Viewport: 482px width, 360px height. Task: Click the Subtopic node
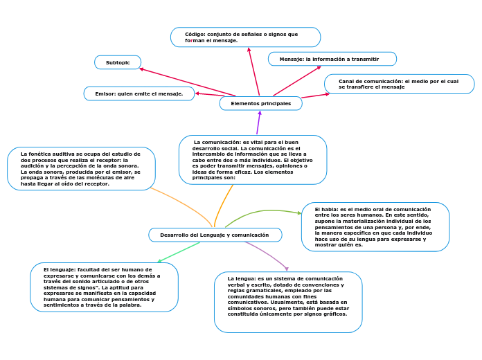(118, 62)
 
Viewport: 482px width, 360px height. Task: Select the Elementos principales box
(261, 103)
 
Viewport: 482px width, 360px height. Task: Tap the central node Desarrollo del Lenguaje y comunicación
(215, 235)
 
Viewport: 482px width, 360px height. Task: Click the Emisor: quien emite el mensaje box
(139, 93)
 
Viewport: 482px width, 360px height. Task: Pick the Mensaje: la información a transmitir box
(332, 59)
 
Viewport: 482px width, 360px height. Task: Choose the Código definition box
(245, 37)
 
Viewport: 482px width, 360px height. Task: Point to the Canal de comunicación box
(399, 84)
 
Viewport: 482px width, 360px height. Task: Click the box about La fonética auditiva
(81, 169)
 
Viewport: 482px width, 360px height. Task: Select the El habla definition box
(375, 226)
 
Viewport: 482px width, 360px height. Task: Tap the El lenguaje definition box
(105, 287)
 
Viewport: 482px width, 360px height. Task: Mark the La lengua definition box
(288, 302)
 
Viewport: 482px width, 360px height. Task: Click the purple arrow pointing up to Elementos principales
(258, 123)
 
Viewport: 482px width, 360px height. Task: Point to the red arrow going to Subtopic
(187, 82)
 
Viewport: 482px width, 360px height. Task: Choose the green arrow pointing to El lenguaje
(180, 252)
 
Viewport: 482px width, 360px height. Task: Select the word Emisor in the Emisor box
(105, 93)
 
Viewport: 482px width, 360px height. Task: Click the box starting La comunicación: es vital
(253, 160)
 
